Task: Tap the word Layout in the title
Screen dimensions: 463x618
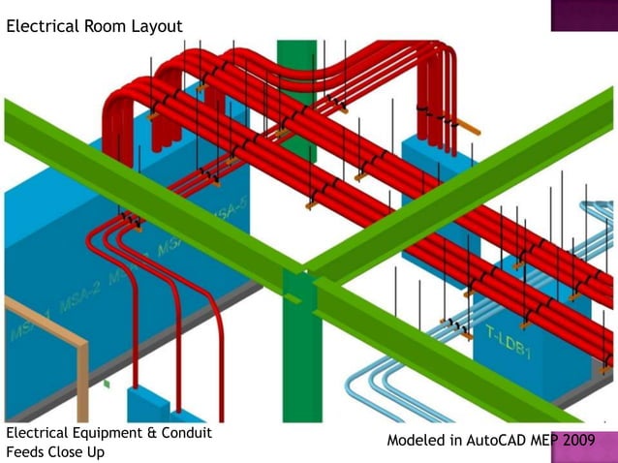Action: pos(154,26)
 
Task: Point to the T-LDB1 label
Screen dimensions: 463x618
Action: pos(509,342)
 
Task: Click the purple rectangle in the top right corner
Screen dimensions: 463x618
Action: pos(584,15)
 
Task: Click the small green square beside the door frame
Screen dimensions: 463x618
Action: pos(107,385)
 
